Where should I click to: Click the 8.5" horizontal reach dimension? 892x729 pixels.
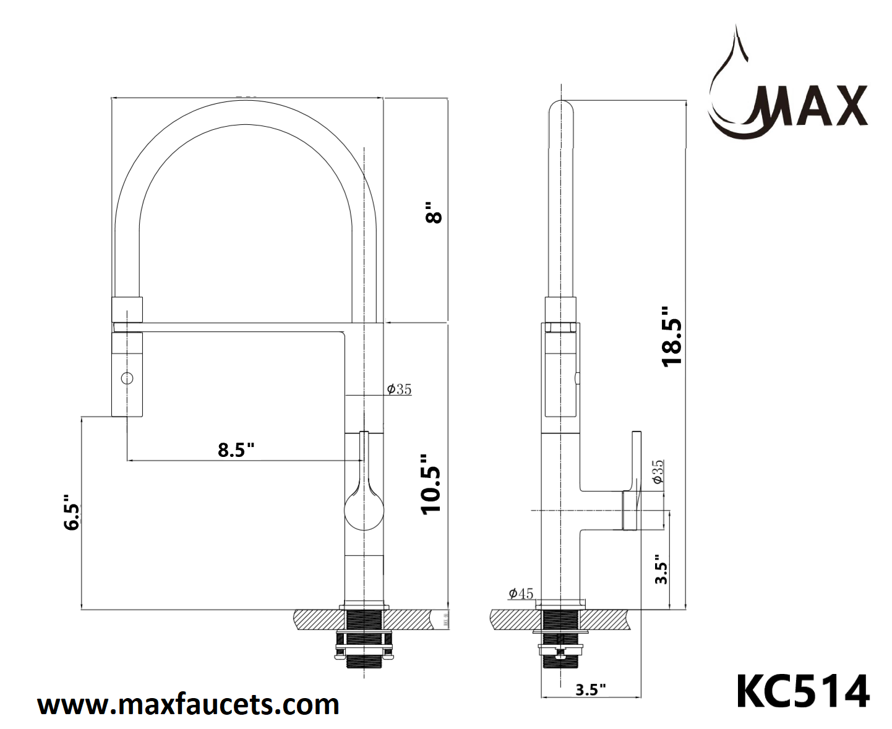236,450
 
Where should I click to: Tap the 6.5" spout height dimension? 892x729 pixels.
72,512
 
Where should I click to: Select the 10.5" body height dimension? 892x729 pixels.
431,484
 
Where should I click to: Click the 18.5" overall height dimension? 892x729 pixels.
672,336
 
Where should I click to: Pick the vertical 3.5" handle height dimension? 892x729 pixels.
661,569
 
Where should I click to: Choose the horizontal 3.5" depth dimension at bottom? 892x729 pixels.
590,689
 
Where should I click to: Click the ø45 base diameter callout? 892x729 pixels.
520,594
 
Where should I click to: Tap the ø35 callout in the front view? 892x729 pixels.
399,389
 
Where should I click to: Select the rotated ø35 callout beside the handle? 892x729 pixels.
657,472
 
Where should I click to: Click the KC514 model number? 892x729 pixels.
802,691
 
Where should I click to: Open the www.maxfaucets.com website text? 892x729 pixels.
188,704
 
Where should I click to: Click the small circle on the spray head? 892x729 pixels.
127,378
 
